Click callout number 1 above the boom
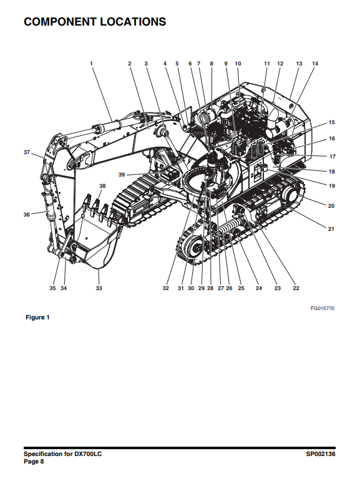point(91,64)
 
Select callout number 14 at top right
point(315,64)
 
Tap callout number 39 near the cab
point(122,175)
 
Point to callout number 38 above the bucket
point(102,186)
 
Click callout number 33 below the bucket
point(99,288)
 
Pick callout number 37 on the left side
point(27,152)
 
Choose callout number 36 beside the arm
point(27,215)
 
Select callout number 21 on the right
point(331,229)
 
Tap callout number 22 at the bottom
point(296,288)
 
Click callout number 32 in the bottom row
point(166,288)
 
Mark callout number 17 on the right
point(333,157)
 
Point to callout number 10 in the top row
point(238,64)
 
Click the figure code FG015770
point(322,308)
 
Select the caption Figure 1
point(37,317)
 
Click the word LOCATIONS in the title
point(133,22)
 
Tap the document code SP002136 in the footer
point(321,454)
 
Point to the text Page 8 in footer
point(34,462)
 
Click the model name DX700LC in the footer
point(88,454)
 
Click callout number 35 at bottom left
point(52,288)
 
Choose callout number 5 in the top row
point(177,64)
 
